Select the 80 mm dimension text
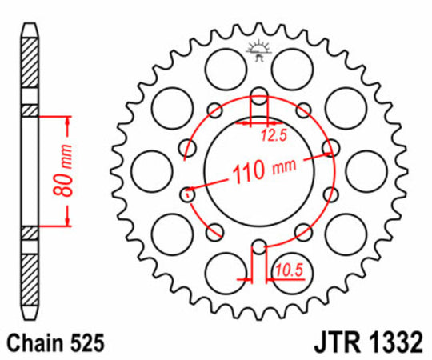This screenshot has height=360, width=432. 70,172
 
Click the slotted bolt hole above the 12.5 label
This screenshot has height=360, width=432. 258,102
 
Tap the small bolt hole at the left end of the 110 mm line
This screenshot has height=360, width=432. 189,193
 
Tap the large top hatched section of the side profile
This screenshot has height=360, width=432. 29,68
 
